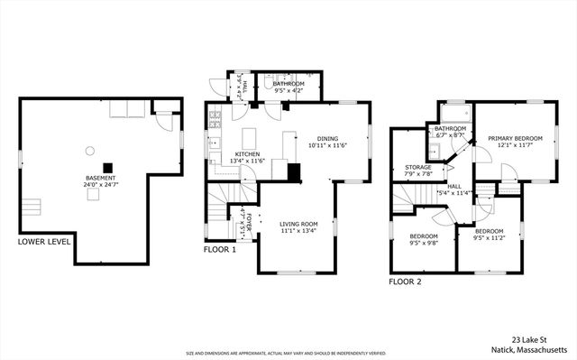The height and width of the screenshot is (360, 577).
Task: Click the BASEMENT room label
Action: [x=101, y=179]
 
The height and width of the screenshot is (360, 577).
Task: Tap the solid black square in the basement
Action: [x=108, y=166]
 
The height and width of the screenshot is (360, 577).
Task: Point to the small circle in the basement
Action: [x=89, y=150]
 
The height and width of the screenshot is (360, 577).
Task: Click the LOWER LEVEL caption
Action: [x=44, y=242]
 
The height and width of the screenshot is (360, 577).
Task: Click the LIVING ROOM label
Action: [x=298, y=224]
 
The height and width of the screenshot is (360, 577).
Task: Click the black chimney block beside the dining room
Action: [x=293, y=171]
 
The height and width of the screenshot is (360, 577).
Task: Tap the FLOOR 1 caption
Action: [x=219, y=249]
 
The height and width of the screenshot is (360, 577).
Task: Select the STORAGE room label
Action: [x=418, y=167]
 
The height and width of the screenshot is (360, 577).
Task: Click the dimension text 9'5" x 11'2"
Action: [x=490, y=238]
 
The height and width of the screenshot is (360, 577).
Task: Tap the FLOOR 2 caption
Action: [x=405, y=282]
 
